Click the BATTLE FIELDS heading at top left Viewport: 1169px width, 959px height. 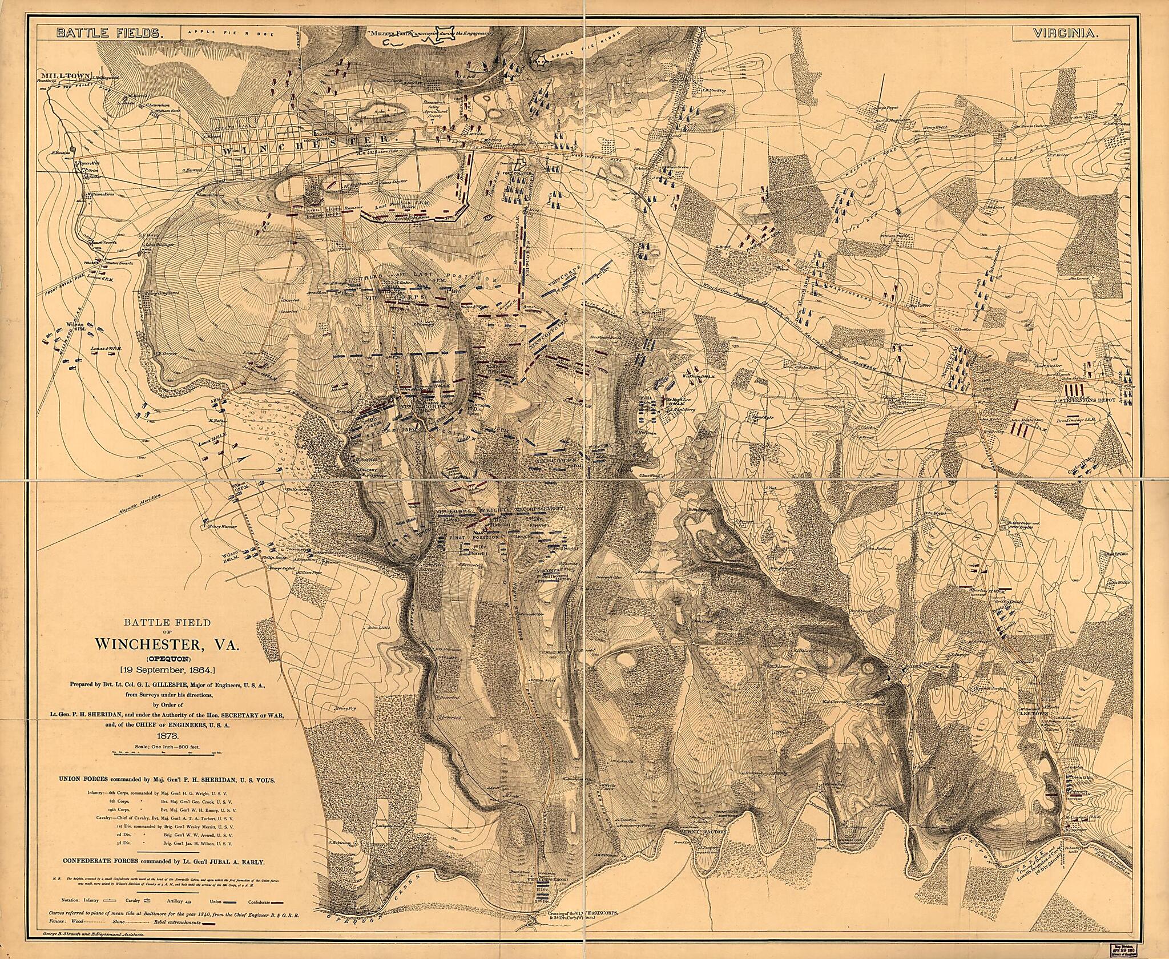click(x=108, y=34)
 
